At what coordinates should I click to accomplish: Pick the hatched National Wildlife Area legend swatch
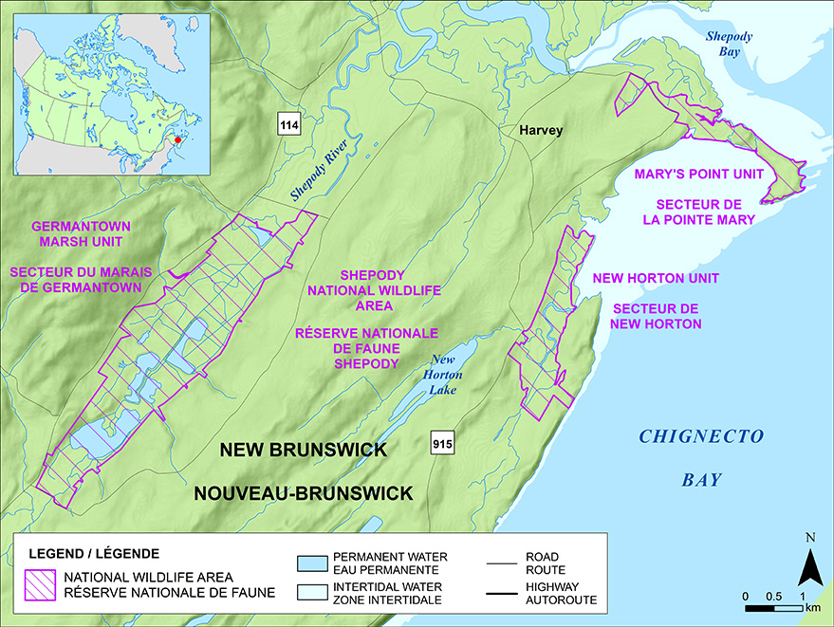pos(37,584)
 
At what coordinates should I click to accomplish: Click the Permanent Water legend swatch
pos(311,562)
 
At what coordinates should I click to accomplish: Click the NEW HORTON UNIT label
pos(655,278)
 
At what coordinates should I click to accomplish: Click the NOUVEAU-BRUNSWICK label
pos(304,493)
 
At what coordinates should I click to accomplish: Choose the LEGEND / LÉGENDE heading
pos(94,553)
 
